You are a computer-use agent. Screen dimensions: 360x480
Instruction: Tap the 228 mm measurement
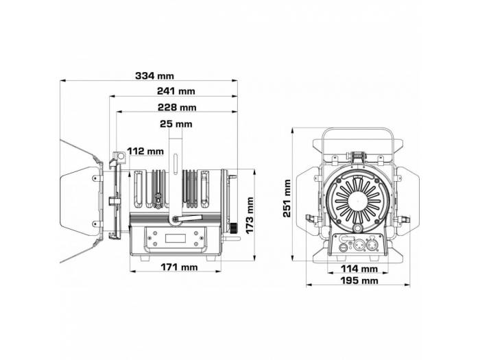point(177,108)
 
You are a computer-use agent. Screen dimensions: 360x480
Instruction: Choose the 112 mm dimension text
point(145,152)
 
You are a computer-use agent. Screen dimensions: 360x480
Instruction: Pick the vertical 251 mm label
point(287,197)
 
